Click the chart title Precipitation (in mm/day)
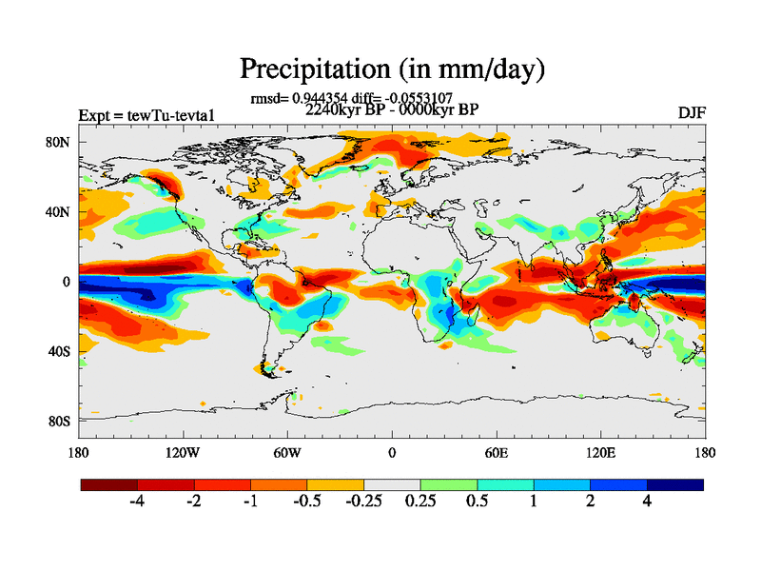click(x=391, y=69)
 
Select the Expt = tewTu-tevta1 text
click(x=146, y=116)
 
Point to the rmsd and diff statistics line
click(x=351, y=98)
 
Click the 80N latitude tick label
click(x=60, y=143)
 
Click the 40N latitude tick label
click(x=60, y=212)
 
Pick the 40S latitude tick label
click(x=60, y=351)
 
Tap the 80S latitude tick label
click(x=60, y=421)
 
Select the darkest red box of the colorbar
click(x=109, y=484)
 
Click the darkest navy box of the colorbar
click(x=674, y=484)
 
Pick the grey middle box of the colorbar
click(x=392, y=484)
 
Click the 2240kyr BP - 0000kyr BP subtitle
click(x=391, y=109)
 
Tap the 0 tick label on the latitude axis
click(x=67, y=282)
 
